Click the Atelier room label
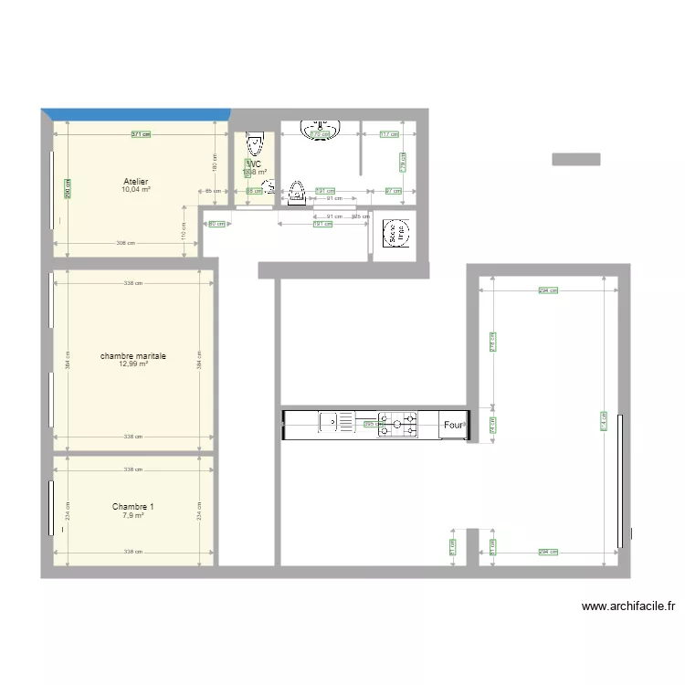click(x=136, y=182)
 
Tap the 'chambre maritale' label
click(x=133, y=356)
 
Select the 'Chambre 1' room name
click(x=133, y=507)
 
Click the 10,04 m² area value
click(x=136, y=190)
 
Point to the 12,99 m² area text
click(x=133, y=364)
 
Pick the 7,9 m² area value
click(x=133, y=515)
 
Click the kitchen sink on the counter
click(x=338, y=423)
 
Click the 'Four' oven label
click(x=453, y=425)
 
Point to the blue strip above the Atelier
click(x=135, y=114)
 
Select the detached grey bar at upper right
click(x=575, y=159)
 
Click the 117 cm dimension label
click(x=388, y=134)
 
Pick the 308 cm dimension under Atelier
click(x=126, y=243)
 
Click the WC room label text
click(x=253, y=164)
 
